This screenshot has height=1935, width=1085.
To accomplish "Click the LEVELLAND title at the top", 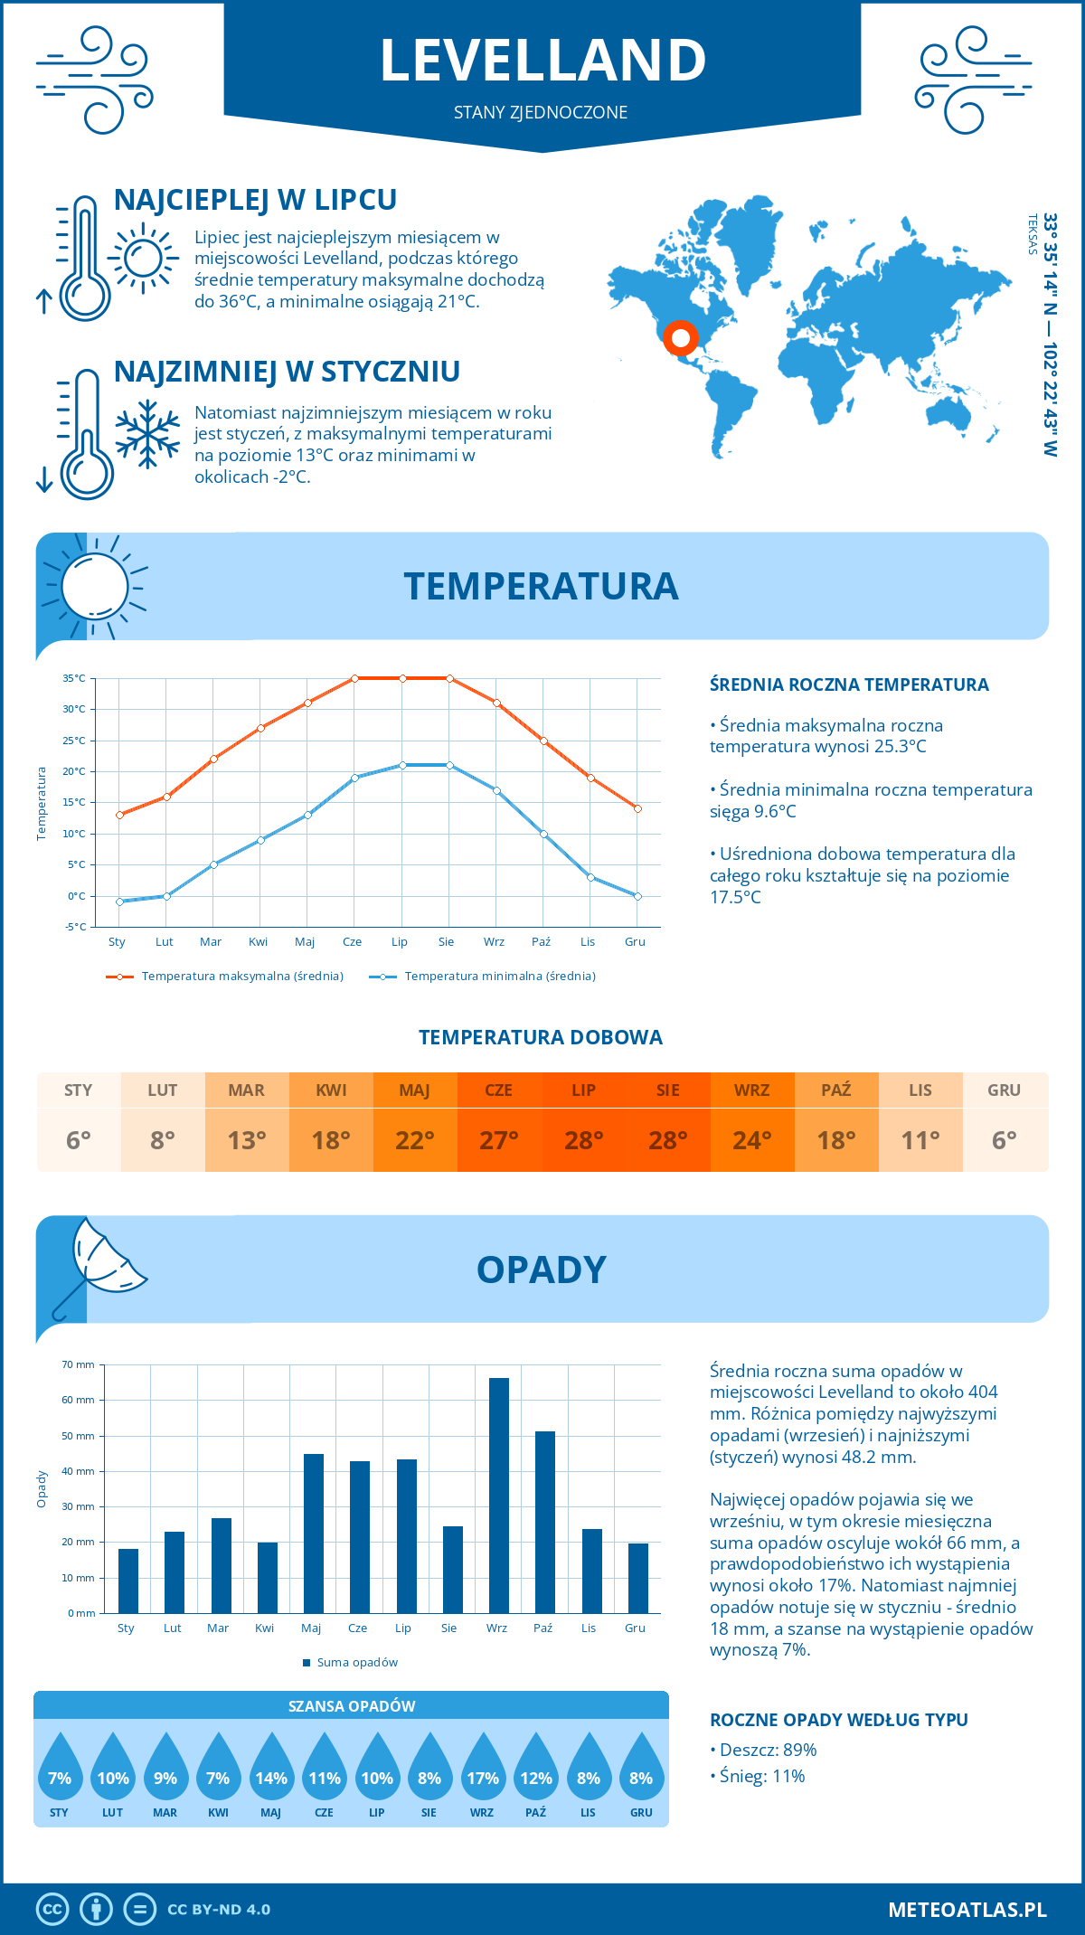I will pyautogui.click(x=542, y=61).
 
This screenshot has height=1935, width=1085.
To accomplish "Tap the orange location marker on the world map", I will pyautogui.click(x=680, y=338).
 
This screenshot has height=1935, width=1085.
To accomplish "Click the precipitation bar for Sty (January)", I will pyautogui.click(x=128, y=1581).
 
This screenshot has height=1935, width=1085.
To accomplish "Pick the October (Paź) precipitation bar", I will pyautogui.click(x=544, y=1522).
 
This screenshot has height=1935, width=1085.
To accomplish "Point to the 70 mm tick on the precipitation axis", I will pyautogui.click(x=79, y=1364).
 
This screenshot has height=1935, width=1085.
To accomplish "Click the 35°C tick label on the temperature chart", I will pyautogui.click(x=74, y=678).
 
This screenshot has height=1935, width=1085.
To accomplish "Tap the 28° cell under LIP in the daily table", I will pyautogui.click(x=583, y=1140).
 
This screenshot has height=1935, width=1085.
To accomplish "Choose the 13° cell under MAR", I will pyautogui.click(x=247, y=1140).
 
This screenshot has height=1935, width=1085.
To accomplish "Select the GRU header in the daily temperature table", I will pyautogui.click(x=1004, y=1090).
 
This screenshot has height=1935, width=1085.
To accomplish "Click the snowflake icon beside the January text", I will pyautogui.click(x=147, y=434).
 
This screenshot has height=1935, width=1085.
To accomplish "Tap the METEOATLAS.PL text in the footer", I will pyautogui.click(x=967, y=1909).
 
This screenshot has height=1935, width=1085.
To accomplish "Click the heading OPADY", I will pyautogui.click(x=541, y=1270).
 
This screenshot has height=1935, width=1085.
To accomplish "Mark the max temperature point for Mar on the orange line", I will pyautogui.click(x=213, y=759).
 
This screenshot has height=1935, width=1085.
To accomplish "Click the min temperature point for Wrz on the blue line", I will pyautogui.click(x=496, y=790).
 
